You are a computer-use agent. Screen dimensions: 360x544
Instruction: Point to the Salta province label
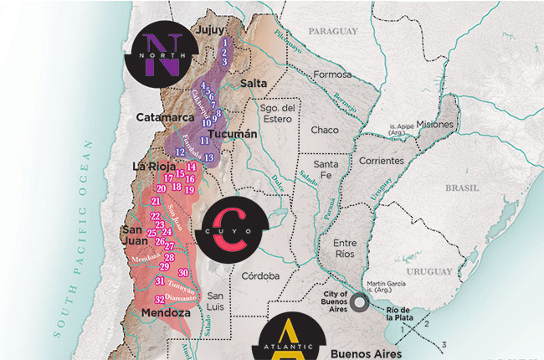coord(253,85)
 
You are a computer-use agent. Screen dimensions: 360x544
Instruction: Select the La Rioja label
coord(153,166)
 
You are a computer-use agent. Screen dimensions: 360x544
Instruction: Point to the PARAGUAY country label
coord(332,31)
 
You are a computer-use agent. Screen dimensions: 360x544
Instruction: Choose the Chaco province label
coord(325,131)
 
